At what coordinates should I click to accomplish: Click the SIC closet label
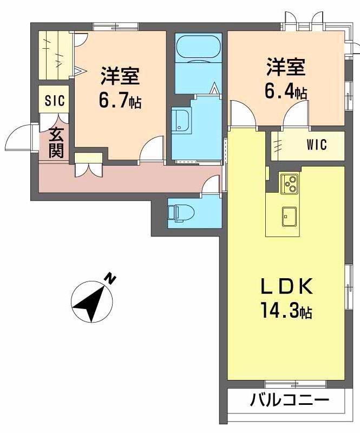pyautogui.click(x=55, y=100)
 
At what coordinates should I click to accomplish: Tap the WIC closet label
pyautogui.click(x=317, y=145)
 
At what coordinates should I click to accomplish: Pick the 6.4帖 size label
pyautogui.click(x=285, y=91)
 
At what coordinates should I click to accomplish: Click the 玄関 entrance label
pyautogui.click(x=56, y=142)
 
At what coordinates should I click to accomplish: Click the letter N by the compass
pyautogui.click(x=110, y=279)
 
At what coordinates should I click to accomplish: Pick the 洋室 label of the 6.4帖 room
pyautogui.click(x=285, y=68)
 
